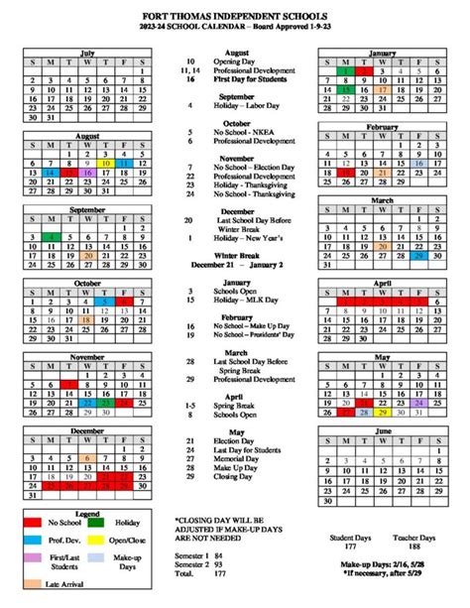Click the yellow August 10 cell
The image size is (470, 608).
point(104,160)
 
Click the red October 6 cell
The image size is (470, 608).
point(122,301)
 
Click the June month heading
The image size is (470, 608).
point(382,432)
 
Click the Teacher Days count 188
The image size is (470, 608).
point(412,546)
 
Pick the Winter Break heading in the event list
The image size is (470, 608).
point(235,255)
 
